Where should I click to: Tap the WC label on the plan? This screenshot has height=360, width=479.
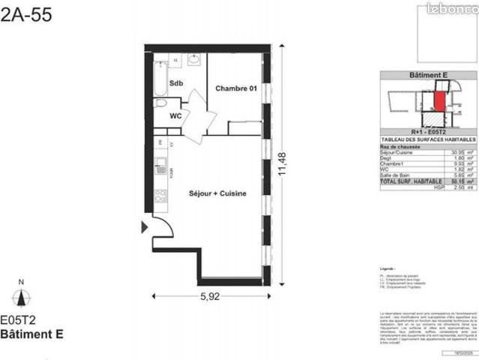tap(175, 116)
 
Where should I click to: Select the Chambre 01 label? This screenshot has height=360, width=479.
tap(236, 89)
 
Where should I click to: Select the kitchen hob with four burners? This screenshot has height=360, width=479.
tap(160, 197)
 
